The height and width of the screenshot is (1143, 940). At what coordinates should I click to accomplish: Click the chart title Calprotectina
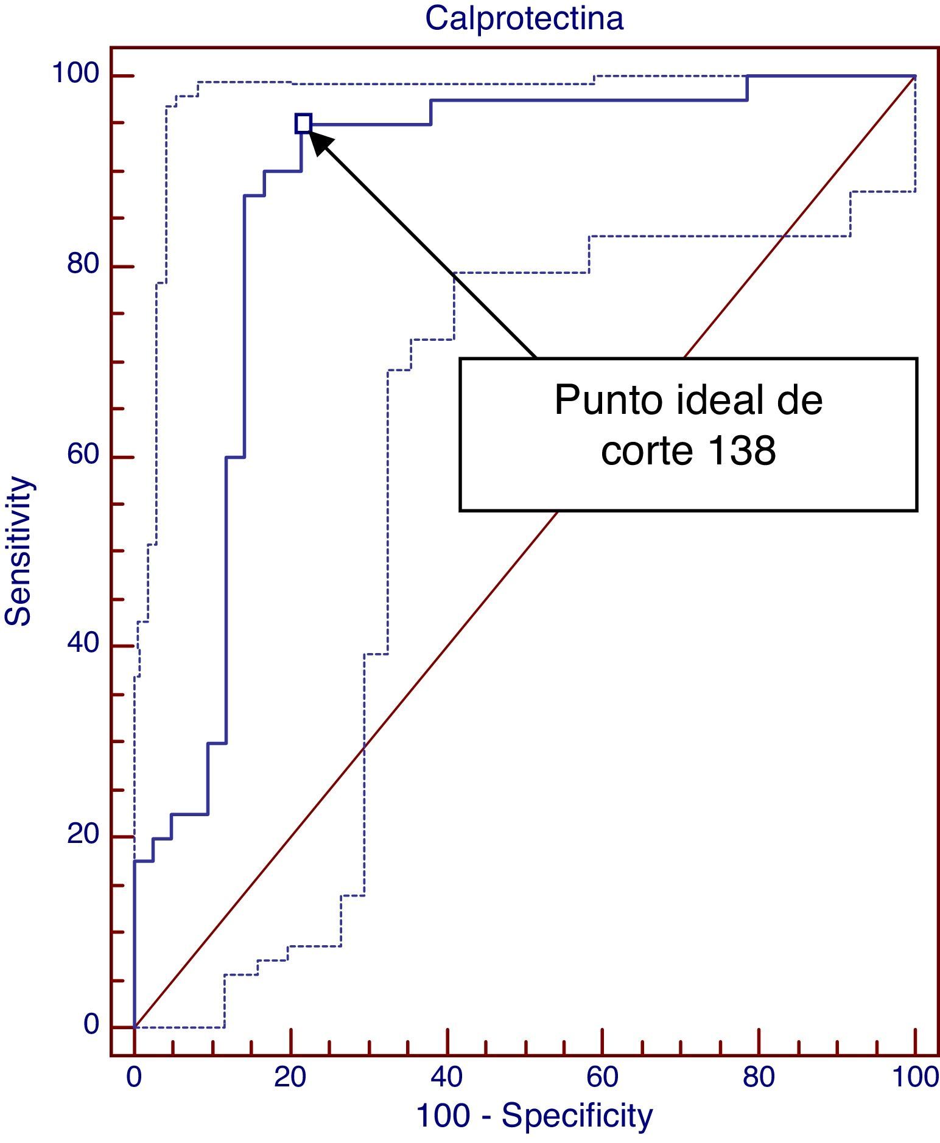(x=524, y=18)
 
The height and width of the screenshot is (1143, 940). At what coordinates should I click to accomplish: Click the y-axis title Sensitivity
(x=18, y=551)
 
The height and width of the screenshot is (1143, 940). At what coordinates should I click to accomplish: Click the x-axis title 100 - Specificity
(x=534, y=1116)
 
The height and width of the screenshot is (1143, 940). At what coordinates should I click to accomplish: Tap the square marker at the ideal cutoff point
(x=303, y=124)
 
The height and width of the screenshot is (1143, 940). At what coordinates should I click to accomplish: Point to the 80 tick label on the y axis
(x=83, y=265)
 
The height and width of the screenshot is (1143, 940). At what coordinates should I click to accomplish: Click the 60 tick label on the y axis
(x=83, y=455)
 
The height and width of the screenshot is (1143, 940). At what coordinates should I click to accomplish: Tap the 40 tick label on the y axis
(x=83, y=643)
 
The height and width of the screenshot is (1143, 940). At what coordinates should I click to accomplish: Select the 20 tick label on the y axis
(x=83, y=834)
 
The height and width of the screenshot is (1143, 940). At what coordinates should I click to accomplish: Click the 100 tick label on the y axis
(x=75, y=74)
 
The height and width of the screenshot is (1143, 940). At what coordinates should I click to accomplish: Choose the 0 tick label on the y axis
(x=91, y=1024)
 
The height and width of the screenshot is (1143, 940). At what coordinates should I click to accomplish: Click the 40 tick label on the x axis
(x=446, y=1077)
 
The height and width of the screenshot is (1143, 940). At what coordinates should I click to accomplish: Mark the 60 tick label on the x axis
(x=602, y=1077)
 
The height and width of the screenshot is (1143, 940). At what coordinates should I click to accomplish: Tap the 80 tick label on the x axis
(x=759, y=1077)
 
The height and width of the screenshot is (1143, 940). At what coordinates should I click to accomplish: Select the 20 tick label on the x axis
(x=290, y=1077)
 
